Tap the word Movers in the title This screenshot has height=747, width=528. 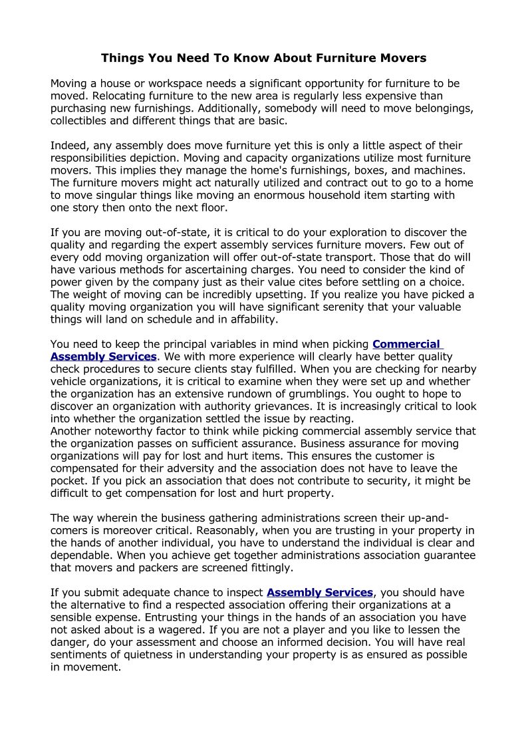pyautogui.click(x=404, y=59)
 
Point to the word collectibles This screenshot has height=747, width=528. pyautogui.click(x=82, y=121)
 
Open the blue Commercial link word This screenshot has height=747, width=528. pyautogui.click(x=406, y=345)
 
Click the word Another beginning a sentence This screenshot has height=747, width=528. pyautogui.click(x=72, y=431)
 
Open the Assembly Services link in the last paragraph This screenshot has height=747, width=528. pyautogui.click(x=320, y=593)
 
